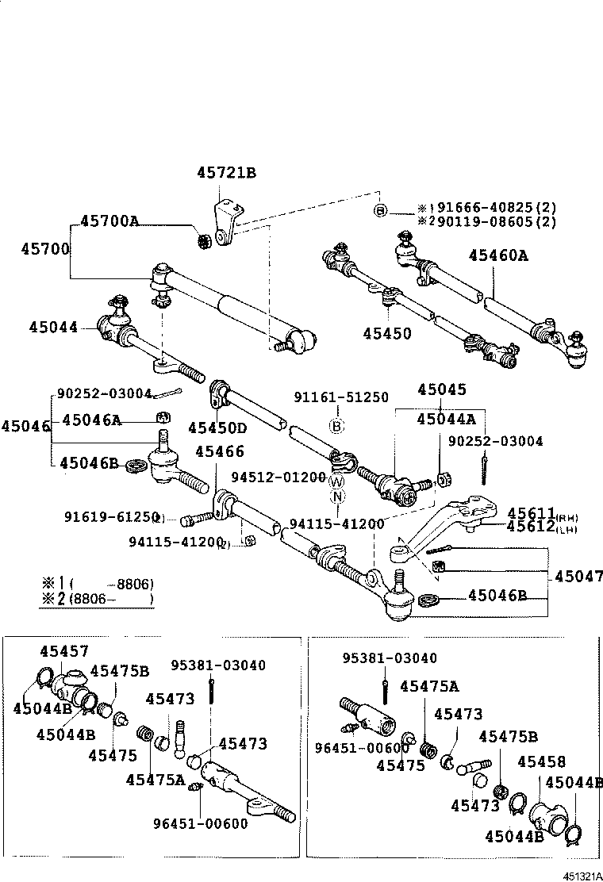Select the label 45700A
109,220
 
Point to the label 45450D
217,428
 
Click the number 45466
219,451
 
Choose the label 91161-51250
341,397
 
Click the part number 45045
441,389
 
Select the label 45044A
446,419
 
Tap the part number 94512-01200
278,477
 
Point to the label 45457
65,650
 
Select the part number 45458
541,762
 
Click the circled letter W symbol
337,482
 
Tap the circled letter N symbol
337,497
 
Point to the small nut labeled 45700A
203,238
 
